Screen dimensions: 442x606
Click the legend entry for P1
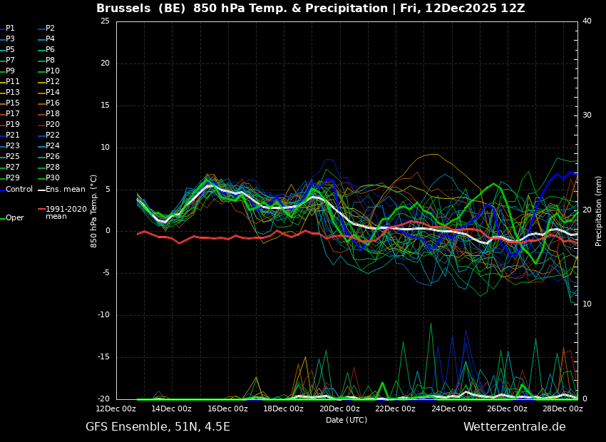click(10, 29)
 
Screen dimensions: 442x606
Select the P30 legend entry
click(53, 178)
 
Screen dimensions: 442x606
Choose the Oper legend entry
click(14, 218)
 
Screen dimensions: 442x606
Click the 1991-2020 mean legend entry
click(66, 212)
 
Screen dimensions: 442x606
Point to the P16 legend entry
click(53, 103)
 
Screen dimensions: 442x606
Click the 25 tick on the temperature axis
click(105, 21)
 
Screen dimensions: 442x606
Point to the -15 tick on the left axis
click(103, 357)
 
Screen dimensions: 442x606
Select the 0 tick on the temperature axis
click(107, 231)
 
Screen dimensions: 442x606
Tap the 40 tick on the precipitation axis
click(587, 21)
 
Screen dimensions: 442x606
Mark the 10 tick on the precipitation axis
click(587, 304)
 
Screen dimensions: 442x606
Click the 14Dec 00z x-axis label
click(171, 409)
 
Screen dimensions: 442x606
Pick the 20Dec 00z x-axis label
click(339, 409)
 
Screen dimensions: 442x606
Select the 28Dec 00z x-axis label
click(563, 409)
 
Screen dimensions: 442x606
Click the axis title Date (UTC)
click(346, 421)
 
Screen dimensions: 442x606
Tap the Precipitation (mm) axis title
click(599, 211)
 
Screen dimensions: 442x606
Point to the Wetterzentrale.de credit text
click(514, 427)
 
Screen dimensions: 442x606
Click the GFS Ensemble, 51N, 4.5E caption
click(158, 427)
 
